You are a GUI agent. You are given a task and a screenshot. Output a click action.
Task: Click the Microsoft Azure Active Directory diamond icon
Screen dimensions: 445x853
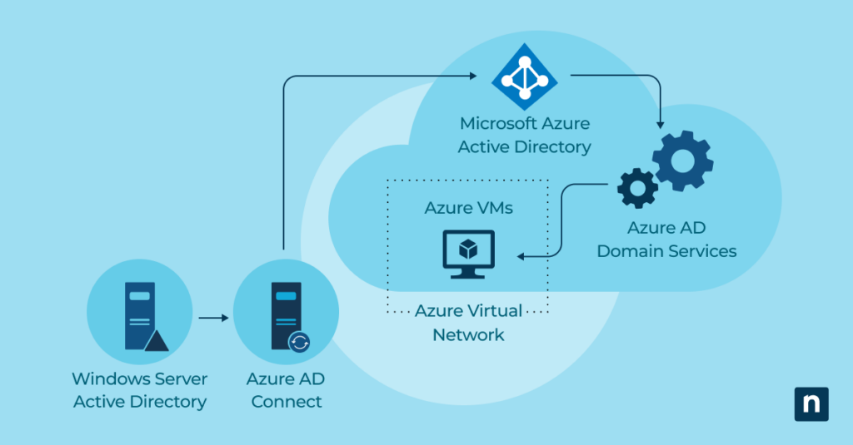point(525,77)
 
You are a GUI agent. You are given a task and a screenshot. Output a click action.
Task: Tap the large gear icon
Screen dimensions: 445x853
point(682,161)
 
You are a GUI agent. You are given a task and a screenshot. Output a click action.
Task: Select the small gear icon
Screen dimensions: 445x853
point(637,188)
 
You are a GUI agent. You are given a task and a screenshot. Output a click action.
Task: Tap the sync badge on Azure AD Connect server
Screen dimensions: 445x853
point(299,341)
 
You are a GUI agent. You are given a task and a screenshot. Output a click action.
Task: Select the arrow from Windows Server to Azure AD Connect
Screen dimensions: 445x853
point(213,318)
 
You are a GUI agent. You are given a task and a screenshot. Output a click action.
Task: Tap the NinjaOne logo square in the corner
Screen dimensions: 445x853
point(811,403)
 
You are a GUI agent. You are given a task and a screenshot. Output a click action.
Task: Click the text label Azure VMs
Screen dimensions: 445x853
point(468,208)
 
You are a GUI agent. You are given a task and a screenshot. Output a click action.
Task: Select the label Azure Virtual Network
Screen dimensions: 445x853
point(468,323)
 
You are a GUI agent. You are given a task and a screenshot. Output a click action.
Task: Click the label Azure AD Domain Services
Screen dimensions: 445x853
point(666,239)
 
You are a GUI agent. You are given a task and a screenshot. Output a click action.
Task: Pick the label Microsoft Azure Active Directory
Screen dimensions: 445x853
point(525,136)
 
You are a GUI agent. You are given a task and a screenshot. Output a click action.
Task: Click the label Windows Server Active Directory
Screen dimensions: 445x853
point(139,390)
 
